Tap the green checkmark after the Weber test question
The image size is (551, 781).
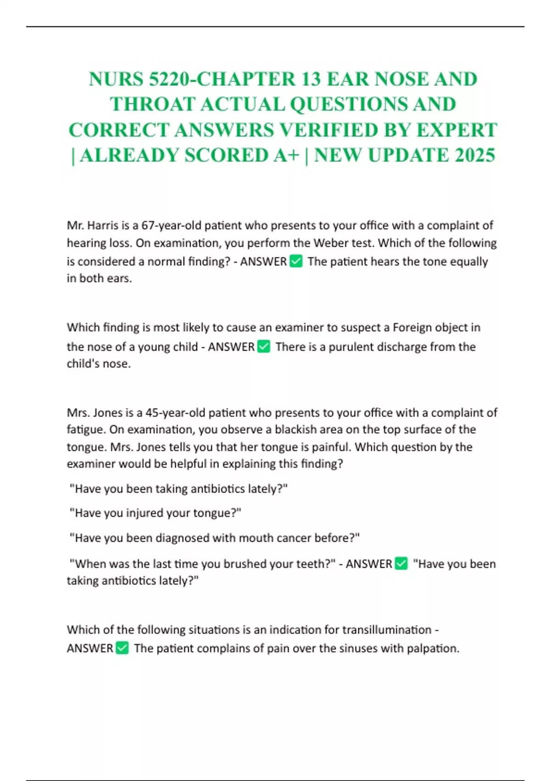(297, 261)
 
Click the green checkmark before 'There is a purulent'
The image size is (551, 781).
(264, 346)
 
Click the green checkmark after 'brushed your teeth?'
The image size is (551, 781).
(401, 564)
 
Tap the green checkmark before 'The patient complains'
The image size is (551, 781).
(122, 648)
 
